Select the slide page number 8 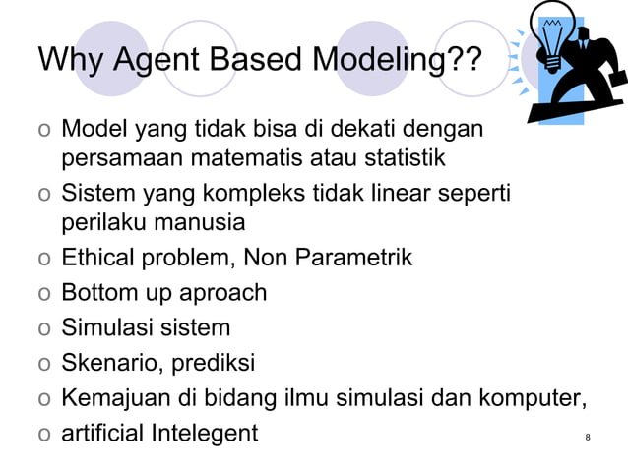587,436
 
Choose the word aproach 220,293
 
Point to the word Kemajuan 111,397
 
